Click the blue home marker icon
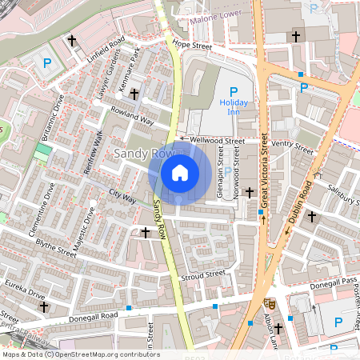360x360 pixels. coord(180,172)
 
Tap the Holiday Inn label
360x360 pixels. coord(234,106)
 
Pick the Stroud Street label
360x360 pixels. coord(204,275)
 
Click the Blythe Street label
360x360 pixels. coord(56,249)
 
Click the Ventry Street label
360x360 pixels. coord(292,146)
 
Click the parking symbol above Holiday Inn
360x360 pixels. coord(234,91)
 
